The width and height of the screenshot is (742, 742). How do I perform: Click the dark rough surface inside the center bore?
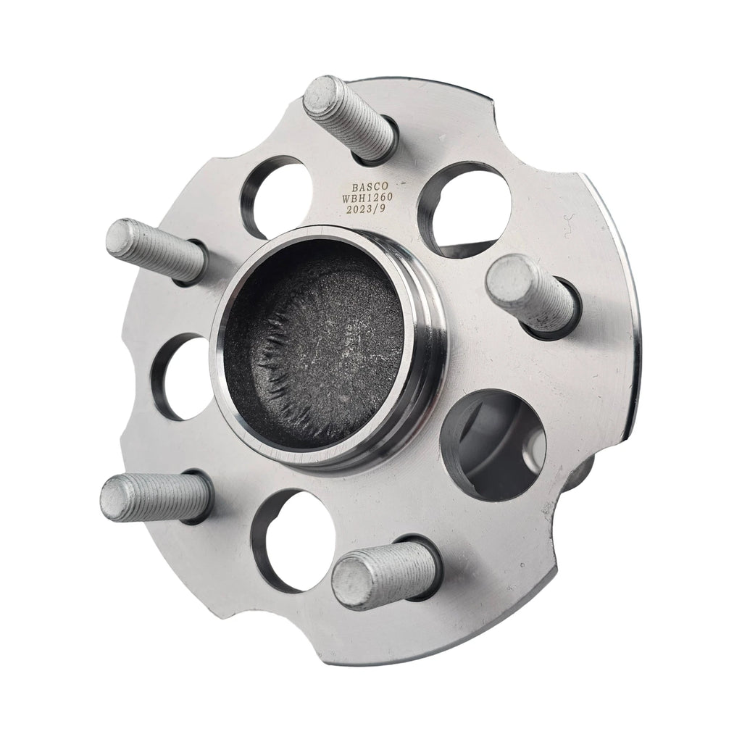point(319,348)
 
